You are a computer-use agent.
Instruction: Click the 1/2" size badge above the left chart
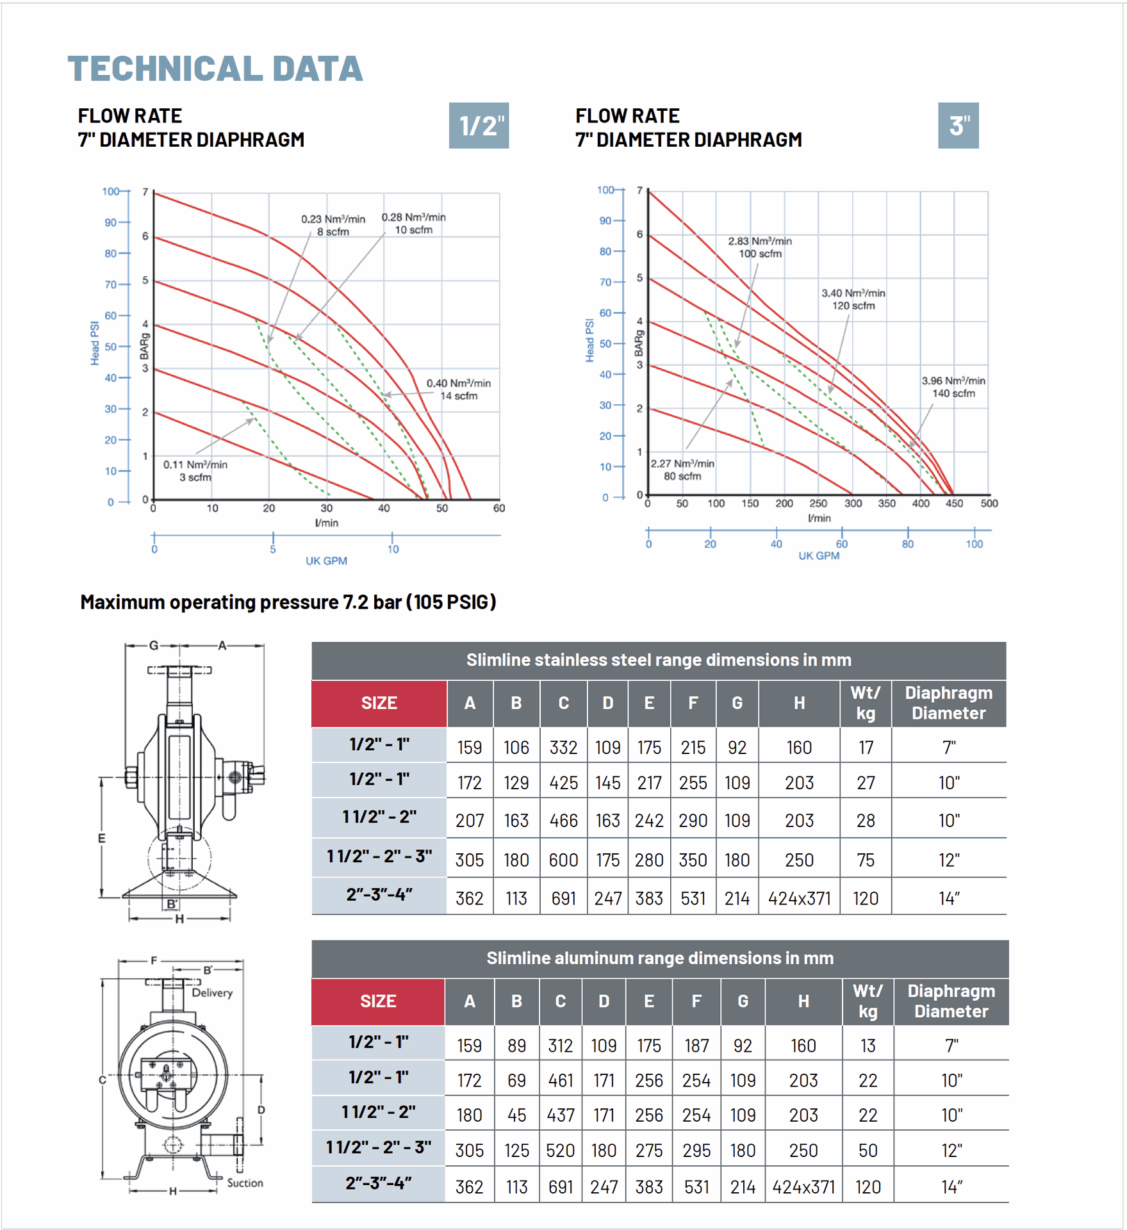[x=479, y=126]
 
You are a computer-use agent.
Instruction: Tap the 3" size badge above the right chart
[x=958, y=126]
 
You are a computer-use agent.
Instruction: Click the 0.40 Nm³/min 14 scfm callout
[x=459, y=389]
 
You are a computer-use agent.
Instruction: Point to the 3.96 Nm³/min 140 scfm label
[x=953, y=387]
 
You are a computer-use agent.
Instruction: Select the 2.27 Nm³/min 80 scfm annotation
[x=682, y=470]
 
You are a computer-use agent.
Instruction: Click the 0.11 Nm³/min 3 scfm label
[x=195, y=471]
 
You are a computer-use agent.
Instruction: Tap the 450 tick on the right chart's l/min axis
[x=954, y=504]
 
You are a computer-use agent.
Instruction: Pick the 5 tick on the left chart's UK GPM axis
[x=273, y=549]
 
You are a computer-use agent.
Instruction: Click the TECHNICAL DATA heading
[x=215, y=69]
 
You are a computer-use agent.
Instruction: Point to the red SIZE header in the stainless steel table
[x=379, y=703]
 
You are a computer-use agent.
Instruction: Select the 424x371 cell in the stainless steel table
[x=799, y=899]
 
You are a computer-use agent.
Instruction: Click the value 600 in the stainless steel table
[x=563, y=860]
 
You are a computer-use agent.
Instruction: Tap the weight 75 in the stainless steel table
[x=866, y=860]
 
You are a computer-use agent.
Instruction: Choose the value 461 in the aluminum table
[x=560, y=1081]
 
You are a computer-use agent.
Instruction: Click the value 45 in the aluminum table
[x=516, y=1115]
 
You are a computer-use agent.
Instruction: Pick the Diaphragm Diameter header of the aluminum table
[x=951, y=1001]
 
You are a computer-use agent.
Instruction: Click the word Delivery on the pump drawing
[x=212, y=993]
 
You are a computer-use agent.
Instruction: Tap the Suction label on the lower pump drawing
[x=245, y=1183]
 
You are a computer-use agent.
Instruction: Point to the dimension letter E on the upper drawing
[x=101, y=839]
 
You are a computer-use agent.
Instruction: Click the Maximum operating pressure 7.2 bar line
[x=288, y=602]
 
